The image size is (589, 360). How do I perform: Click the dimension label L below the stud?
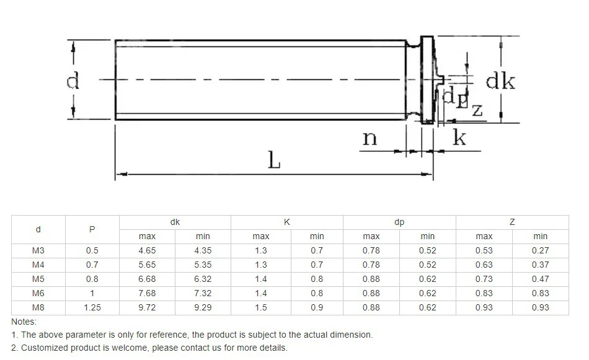274,160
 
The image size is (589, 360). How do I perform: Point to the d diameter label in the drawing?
73,81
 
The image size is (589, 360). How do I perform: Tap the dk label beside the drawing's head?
500,81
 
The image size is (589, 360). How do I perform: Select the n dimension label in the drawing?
370,138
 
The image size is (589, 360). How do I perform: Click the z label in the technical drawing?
477,111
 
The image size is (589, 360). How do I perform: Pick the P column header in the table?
92,229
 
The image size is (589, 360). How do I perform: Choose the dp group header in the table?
399,222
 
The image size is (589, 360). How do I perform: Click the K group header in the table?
286,222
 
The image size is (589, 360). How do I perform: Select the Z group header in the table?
512,222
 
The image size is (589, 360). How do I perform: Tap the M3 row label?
38,251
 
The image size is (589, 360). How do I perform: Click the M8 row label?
38,308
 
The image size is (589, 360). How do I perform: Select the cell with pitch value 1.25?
92,308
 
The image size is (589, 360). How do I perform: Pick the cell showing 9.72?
147,308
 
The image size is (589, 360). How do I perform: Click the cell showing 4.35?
203,251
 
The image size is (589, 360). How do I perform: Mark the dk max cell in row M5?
147,279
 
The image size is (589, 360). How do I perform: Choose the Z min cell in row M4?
540,265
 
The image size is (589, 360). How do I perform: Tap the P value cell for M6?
92,294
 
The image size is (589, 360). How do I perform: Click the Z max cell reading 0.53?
484,251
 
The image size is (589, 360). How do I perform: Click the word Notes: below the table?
24,322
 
